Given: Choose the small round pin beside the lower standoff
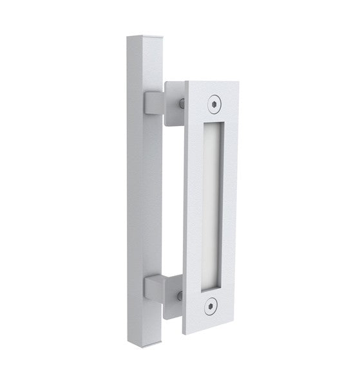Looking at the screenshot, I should coord(180,295).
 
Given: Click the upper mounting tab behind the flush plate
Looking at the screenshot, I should coord(172,103).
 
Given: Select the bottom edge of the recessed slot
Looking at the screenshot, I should coord(214,285).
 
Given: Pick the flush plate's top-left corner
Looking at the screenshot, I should coord(186,81).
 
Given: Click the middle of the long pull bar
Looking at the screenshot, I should coord(143,193).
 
